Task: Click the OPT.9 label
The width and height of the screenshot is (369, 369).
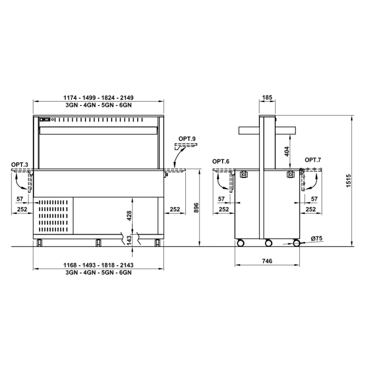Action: pos(187,139)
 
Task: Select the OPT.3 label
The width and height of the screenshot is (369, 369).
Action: pos(20,165)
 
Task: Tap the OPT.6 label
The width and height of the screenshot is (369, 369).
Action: pos(221,162)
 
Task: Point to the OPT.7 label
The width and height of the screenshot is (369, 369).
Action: pos(313,160)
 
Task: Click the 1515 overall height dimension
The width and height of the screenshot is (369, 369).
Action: pos(349,181)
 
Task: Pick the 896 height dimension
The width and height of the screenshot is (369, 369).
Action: pos(196,207)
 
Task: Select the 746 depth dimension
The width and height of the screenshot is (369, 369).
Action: pos(267,261)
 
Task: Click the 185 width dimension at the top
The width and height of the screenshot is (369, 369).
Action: pos(267,97)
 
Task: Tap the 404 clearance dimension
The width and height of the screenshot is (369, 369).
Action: pos(287,151)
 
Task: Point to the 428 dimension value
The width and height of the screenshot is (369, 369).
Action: pos(129,215)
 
